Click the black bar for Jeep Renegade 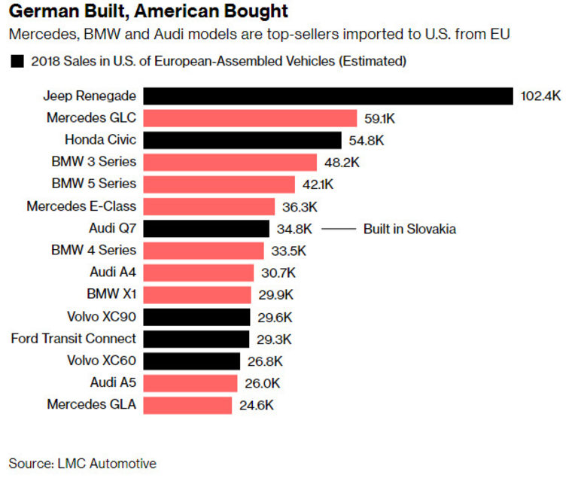(x=328, y=96)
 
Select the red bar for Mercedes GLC (x=250, y=118)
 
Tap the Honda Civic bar (x=242, y=140)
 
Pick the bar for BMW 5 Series (x=219, y=184)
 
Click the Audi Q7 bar (x=206, y=228)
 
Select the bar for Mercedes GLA (x=187, y=405)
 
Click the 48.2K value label (x=342, y=162)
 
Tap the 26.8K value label (x=265, y=361)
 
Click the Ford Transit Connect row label (x=74, y=339)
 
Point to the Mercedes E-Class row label (x=81, y=206)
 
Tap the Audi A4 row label (x=112, y=272)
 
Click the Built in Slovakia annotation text (x=410, y=229)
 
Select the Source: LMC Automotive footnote (x=83, y=463)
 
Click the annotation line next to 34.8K (x=339, y=229)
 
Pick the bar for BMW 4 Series (x=203, y=250)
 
